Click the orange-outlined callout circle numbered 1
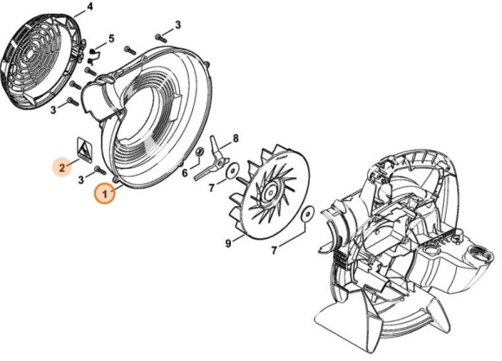pos(105,194)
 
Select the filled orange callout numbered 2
pos(62,164)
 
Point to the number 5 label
pos(112,39)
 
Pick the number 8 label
pos(235,138)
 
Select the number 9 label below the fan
pos(228,244)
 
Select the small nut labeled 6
pos(200,154)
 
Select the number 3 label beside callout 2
pos(81,178)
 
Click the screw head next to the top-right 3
pos(159,37)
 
